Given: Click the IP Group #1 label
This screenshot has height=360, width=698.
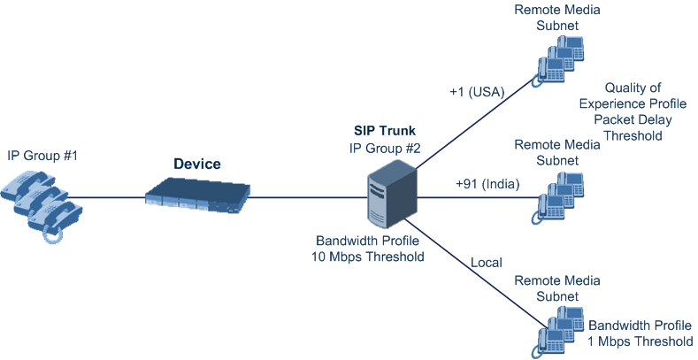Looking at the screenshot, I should pos(42,156).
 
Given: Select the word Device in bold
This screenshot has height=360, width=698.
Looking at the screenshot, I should pos(196,165).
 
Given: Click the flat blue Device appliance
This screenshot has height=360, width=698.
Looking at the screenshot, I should pos(196,195).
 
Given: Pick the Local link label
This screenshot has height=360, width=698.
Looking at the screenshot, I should pos(487,263).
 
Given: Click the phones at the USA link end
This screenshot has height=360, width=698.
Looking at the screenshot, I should pos(558,62).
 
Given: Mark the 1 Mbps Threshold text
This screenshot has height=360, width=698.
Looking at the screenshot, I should pos(640,341).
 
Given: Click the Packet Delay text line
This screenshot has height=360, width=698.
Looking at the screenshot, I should pos(632,120).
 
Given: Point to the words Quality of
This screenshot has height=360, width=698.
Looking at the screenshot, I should pos(632,88).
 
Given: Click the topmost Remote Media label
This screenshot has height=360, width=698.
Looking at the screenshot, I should pos(558,11).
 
